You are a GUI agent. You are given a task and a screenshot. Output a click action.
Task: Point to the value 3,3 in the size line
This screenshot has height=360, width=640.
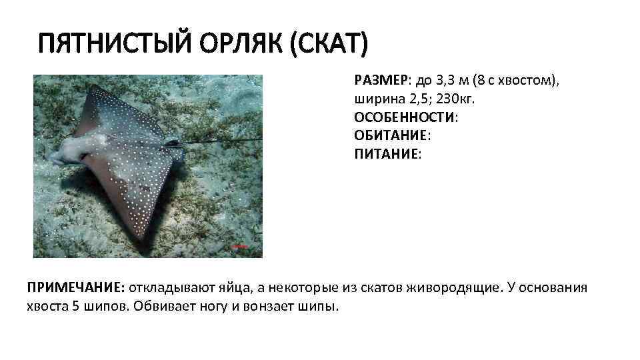[x=444, y=81]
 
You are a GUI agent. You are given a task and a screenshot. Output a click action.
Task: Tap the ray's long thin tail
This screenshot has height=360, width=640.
[x=220, y=141]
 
